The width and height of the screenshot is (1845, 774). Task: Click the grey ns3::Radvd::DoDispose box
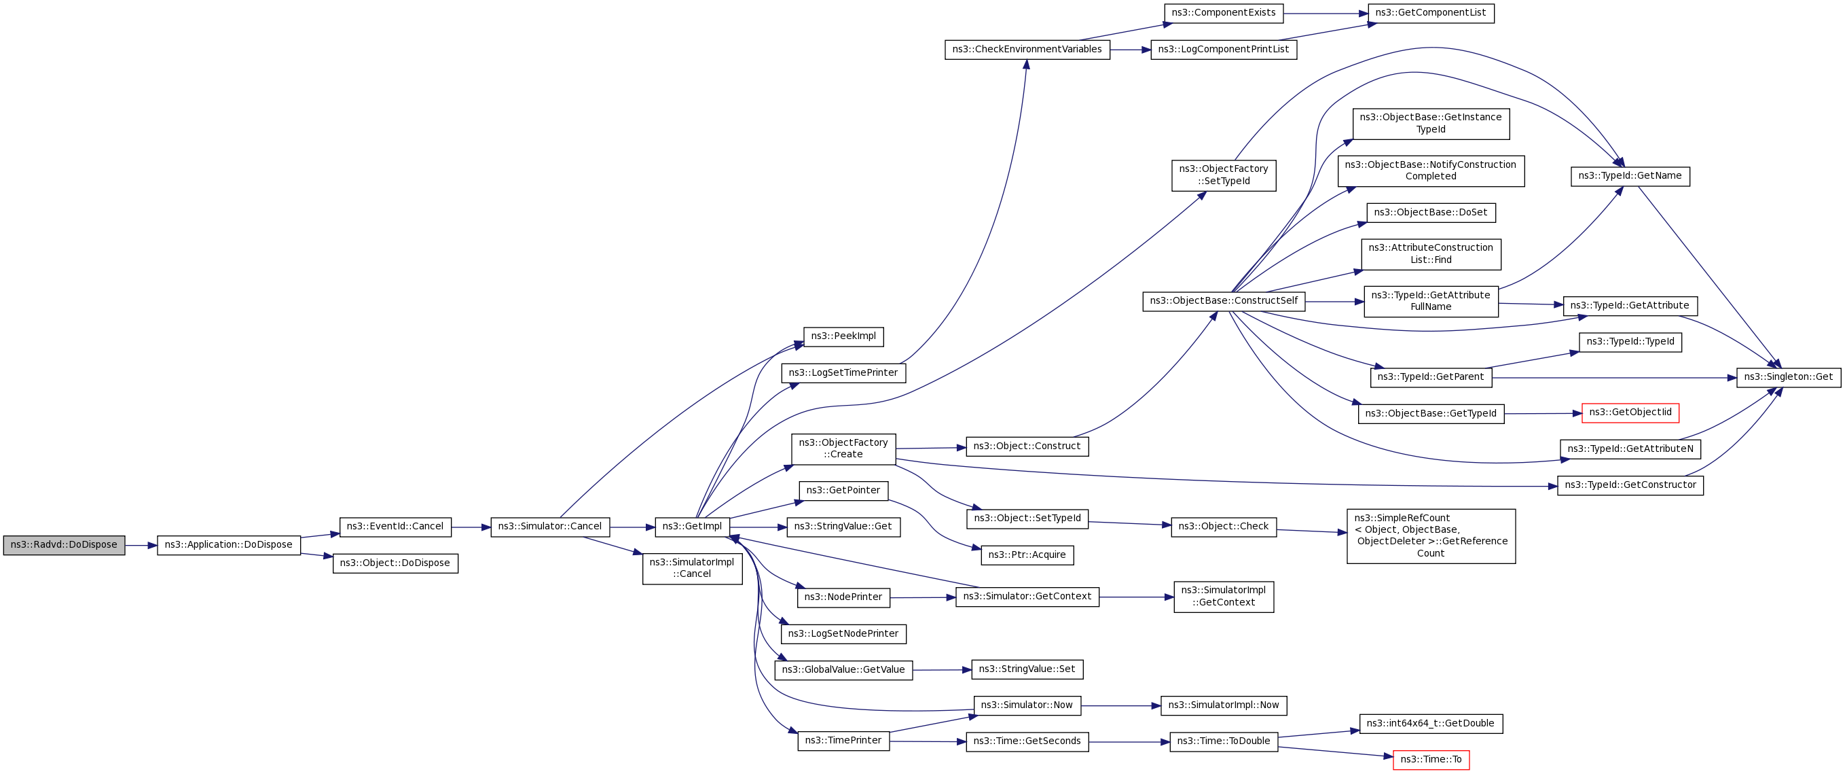pos(64,545)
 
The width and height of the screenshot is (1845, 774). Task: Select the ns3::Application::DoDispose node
pos(228,545)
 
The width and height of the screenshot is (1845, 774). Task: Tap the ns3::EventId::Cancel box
pos(395,527)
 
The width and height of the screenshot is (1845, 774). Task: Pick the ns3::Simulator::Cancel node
pos(549,527)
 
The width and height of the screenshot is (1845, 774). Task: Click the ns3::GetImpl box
pos(692,527)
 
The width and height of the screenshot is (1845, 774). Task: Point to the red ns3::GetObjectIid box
pos(1630,412)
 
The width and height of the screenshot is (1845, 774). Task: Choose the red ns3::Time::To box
pos(1430,760)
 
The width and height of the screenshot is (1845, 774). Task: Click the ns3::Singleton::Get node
pos(1788,377)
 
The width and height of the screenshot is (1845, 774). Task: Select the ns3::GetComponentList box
pos(1431,13)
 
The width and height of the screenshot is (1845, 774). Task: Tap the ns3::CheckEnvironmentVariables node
pos(1026,50)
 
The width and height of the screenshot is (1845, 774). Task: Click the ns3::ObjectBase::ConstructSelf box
pos(1223,301)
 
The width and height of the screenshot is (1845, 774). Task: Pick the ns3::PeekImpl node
pos(843,336)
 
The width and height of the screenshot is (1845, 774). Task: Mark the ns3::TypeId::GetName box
pos(1630,176)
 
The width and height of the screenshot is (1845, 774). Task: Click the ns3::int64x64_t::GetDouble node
pos(1430,724)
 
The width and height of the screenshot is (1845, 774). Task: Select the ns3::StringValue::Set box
pos(1026,669)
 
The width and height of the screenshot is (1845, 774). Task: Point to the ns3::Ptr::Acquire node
pos(1026,555)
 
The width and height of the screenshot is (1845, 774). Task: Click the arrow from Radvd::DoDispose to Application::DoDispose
pos(141,546)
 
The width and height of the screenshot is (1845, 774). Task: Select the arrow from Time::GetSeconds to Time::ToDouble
pos(1129,742)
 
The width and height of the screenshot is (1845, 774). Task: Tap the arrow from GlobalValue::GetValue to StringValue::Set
pos(942,670)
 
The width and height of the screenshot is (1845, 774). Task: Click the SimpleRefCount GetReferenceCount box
pos(1430,536)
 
